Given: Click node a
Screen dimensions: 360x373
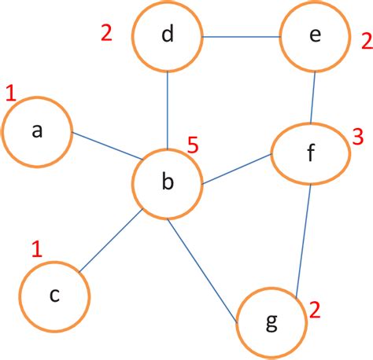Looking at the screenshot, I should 37,132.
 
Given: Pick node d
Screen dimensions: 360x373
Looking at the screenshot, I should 167,36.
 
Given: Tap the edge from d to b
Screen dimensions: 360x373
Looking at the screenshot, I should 167,110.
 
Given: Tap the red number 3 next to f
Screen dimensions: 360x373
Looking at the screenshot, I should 357,138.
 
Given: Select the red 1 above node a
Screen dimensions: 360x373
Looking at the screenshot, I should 10,94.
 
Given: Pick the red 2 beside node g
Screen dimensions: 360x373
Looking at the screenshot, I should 315,309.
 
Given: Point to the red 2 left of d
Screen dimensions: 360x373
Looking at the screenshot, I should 107,33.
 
